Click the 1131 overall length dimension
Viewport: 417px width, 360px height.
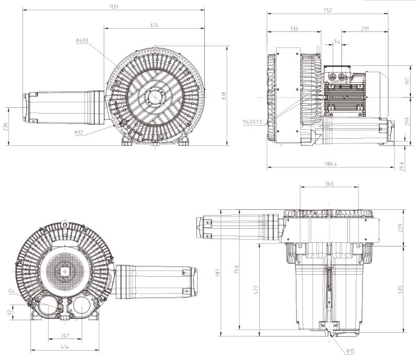click(x=114, y=7)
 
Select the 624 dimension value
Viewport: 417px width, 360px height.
click(x=154, y=25)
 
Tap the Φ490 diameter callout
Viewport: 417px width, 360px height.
click(x=82, y=40)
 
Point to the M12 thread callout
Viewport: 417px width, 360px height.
click(x=79, y=132)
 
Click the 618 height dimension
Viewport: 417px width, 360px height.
click(x=223, y=96)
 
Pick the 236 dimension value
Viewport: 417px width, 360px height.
click(x=6, y=127)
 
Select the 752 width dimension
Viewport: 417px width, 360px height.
click(x=327, y=10)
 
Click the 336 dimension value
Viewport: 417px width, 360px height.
click(x=294, y=29)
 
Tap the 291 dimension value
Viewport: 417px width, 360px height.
click(x=365, y=28)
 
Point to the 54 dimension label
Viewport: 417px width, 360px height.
click(x=337, y=42)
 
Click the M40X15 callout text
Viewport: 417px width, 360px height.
click(x=253, y=122)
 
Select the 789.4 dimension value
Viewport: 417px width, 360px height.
click(x=331, y=164)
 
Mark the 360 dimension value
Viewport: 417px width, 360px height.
click(x=329, y=184)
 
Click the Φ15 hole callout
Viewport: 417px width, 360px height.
click(x=350, y=351)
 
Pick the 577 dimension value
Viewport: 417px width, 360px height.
click(x=256, y=289)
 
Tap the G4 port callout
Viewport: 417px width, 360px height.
click(x=11, y=291)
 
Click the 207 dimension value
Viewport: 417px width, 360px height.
click(x=65, y=336)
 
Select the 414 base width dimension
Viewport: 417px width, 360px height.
click(x=64, y=347)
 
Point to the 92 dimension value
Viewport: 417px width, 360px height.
click(x=9, y=312)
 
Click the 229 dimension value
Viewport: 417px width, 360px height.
click(x=401, y=228)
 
